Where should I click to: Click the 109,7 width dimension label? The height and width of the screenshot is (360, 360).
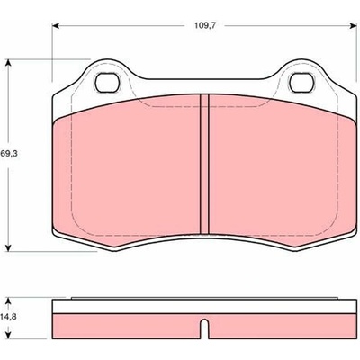click(x=205, y=25)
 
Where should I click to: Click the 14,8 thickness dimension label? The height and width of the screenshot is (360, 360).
click(x=7, y=317)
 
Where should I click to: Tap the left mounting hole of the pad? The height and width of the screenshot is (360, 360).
click(x=107, y=83)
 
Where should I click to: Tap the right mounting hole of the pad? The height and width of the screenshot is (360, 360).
click(x=301, y=83)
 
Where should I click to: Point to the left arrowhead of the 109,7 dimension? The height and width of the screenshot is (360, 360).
click(x=56, y=26)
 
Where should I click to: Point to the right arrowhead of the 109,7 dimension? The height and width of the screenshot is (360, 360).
click(x=353, y=26)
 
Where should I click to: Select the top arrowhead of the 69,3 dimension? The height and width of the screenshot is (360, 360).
click(x=9, y=63)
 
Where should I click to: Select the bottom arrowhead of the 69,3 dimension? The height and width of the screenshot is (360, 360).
click(x=9, y=247)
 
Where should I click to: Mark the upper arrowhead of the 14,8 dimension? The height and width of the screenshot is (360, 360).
click(x=9, y=301)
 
